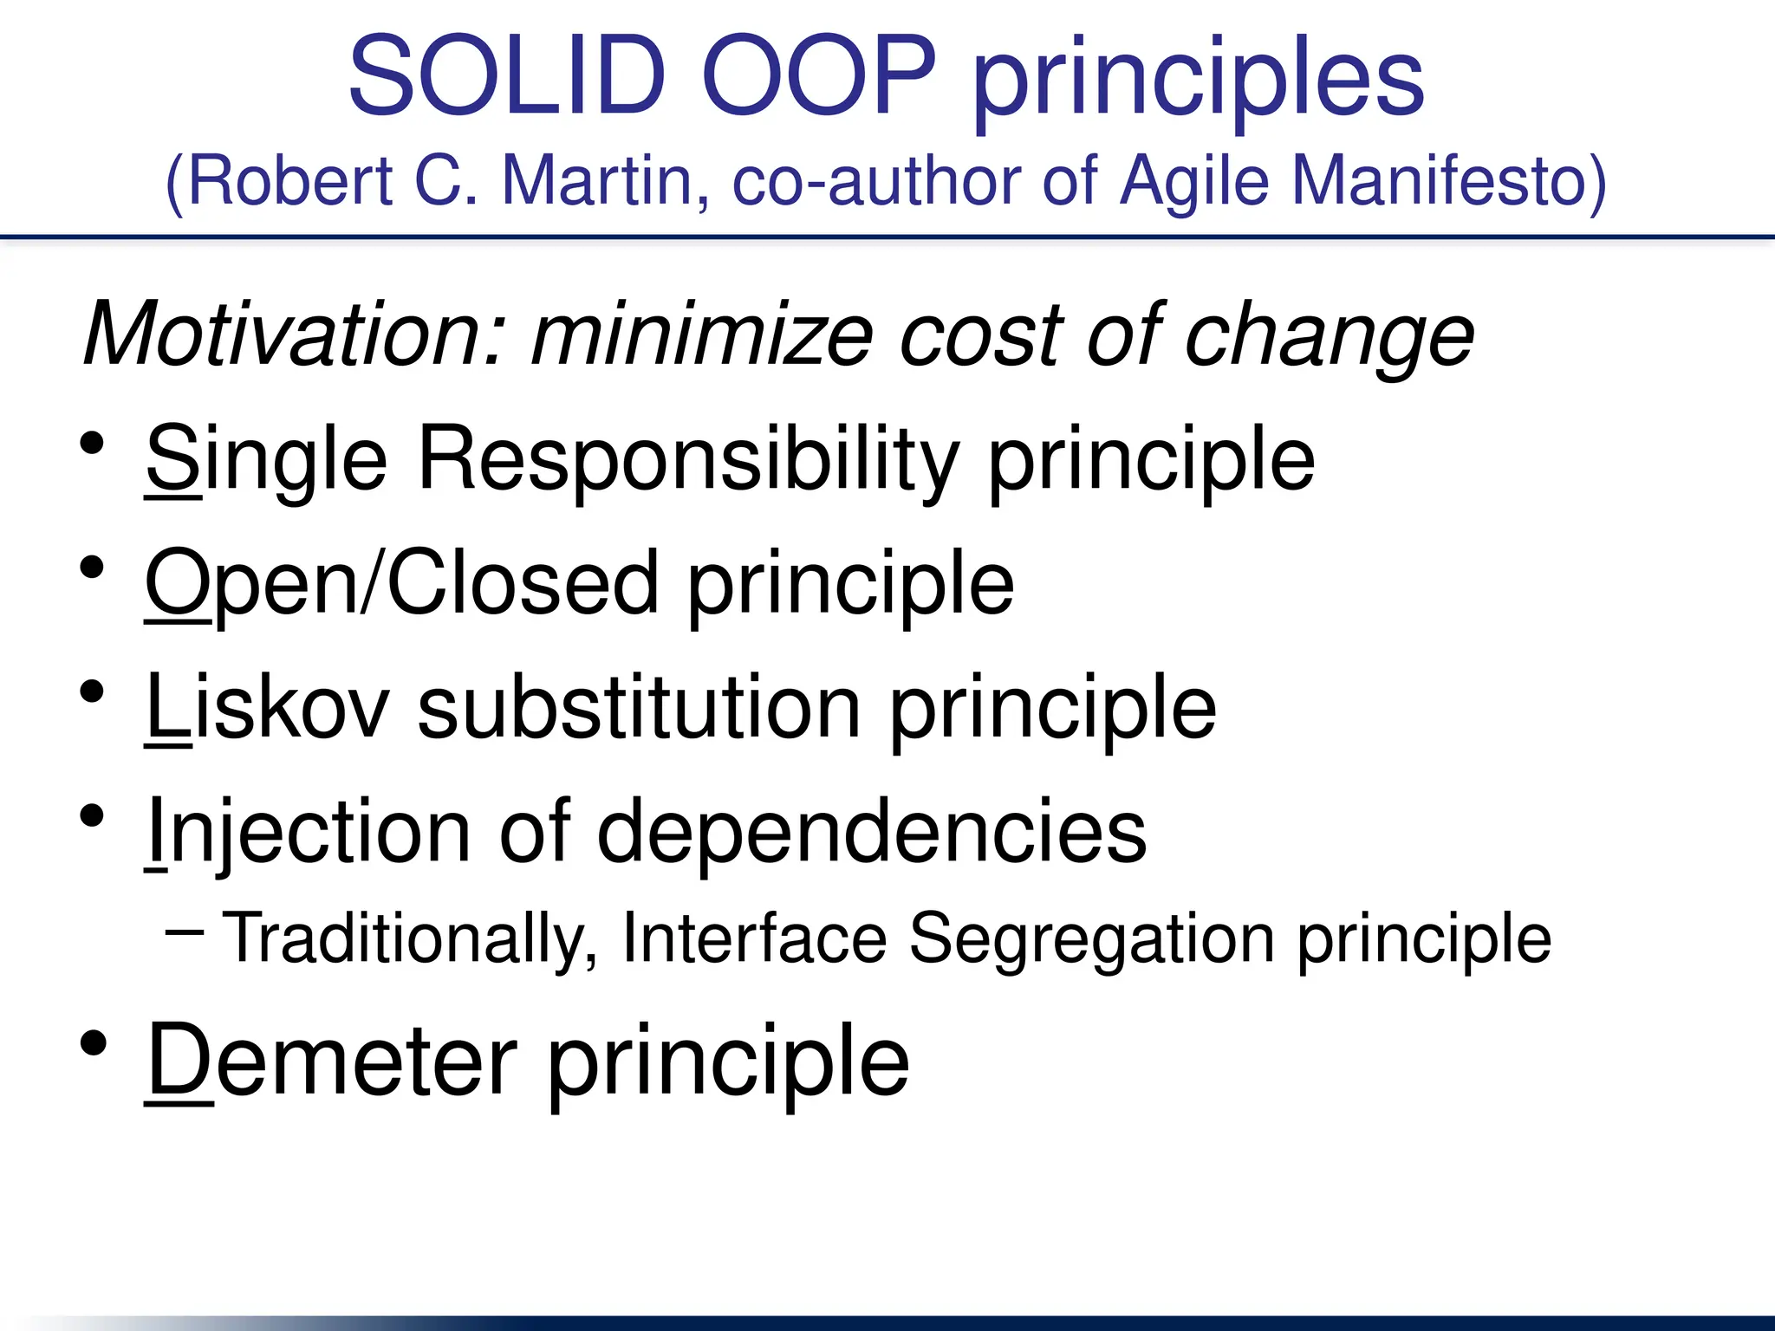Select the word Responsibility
pyautogui.click(x=688, y=459)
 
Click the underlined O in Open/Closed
pyautogui.click(x=178, y=582)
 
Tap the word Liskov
pyautogui.click(x=268, y=707)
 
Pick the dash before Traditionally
pyautogui.click(x=184, y=932)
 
